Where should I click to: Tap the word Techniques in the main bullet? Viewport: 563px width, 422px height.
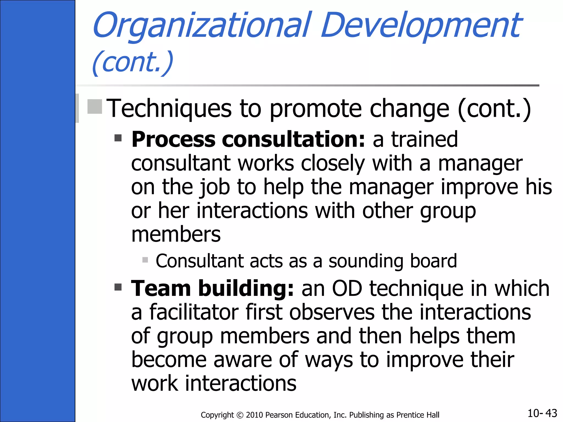pyautogui.click(x=169, y=109)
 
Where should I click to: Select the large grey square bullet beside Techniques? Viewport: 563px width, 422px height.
pyautogui.click(x=95, y=107)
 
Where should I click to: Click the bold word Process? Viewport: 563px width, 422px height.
pyautogui.click(x=173, y=140)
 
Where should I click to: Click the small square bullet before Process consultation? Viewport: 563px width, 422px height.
pyautogui.click(x=118, y=138)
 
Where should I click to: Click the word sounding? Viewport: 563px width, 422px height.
pyautogui.click(x=366, y=261)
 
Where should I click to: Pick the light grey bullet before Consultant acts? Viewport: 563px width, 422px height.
pyautogui.click(x=145, y=260)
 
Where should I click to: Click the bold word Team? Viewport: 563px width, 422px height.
pyautogui.click(x=161, y=289)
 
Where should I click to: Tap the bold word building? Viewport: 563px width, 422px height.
pyautogui.click(x=246, y=289)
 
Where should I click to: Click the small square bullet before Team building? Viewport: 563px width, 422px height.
pyautogui.click(x=118, y=287)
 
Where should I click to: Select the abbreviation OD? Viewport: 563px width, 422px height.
pyautogui.click(x=347, y=289)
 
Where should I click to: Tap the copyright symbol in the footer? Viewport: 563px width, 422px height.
pyautogui.click(x=240, y=415)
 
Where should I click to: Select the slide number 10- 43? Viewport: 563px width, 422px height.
pyautogui.click(x=542, y=413)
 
